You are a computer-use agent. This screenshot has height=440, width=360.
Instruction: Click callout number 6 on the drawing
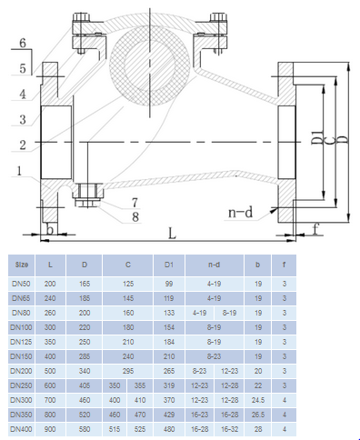[x=23, y=43]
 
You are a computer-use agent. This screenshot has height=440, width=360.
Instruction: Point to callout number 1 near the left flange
[x=19, y=171]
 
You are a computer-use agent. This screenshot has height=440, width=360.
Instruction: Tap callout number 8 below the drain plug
[x=135, y=216]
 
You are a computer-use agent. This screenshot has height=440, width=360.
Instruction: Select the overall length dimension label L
[x=172, y=233]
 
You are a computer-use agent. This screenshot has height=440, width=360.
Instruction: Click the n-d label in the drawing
[x=240, y=213]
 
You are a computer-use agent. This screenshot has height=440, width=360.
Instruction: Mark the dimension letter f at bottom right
[x=315, y=229]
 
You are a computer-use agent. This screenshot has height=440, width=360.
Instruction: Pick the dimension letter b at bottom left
[x=50, y=229]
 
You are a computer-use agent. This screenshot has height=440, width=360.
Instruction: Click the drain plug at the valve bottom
[x=88, y=195]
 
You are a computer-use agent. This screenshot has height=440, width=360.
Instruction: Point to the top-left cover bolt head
[x=82, y=16]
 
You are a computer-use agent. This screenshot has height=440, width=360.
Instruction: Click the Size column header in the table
[x=22, y=265]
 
